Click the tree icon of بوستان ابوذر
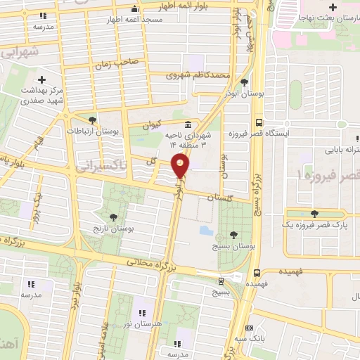pos(243,82)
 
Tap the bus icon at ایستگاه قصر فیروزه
pos(259,120)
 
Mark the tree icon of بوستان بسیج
pos(233,235)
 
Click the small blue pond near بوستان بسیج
pos(205,230)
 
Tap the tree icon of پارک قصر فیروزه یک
pos(313,214)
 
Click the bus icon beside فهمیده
pos(257,272)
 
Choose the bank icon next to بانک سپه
pos(249,328)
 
